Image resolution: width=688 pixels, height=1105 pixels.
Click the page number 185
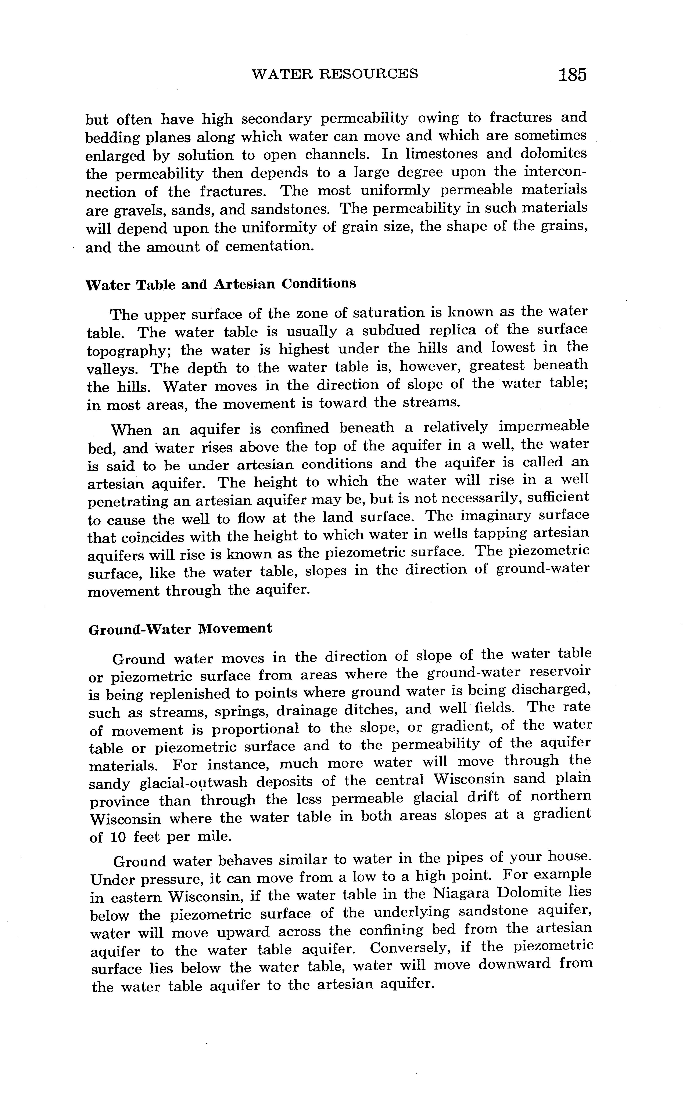click(x=573, y=74)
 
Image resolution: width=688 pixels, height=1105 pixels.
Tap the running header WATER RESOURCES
click(x=334, y=74)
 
